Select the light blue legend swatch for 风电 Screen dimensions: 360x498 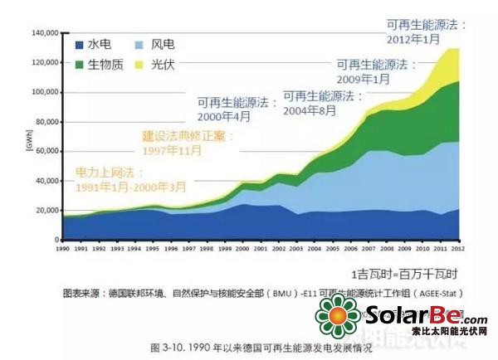pyautogui.click(x=135, y=43)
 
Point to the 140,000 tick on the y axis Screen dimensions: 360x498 pyautogui.click(x=41, y=33)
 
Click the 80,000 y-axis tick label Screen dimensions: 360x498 pyautogui.click(x=43, y=122)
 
